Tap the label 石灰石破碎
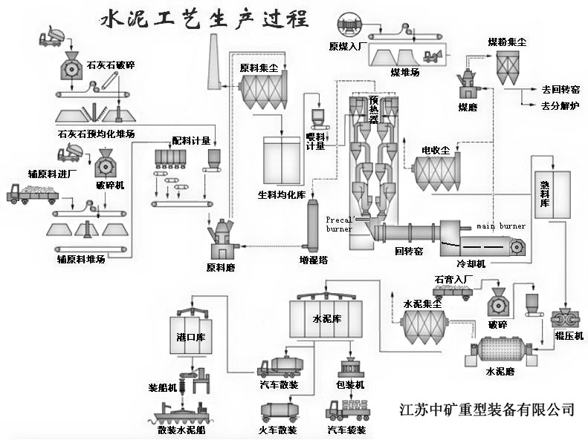(109, 65)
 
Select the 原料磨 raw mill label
(221, 267)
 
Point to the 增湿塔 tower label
(314, 260)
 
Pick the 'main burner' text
(501, 226)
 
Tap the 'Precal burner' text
(340, 224)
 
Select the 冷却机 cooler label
(471, 263)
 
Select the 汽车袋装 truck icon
(348, 410)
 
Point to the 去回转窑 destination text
(560, 89)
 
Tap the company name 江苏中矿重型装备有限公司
(487, 409)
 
